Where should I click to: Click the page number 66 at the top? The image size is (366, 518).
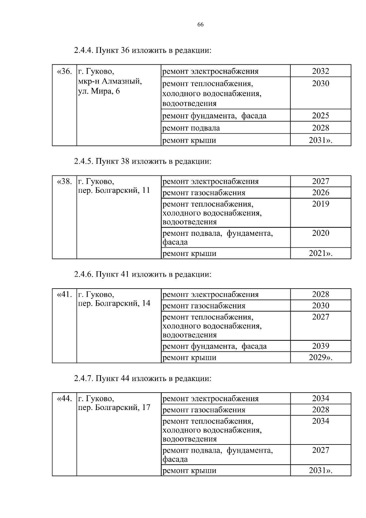tap(200, 25)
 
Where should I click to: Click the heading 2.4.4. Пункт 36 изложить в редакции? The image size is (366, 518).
tap(142, 50)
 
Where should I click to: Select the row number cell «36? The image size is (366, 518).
tap(64, 72)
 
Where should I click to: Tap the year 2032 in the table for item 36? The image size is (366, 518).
tap(321, 71)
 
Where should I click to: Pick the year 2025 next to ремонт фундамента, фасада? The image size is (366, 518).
tap(321, 115)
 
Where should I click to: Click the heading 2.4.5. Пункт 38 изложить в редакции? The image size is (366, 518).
tap(142, 161)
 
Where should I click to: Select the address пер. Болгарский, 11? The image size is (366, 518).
tap(114, 190)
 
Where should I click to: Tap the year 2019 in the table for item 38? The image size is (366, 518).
tap(321, 204)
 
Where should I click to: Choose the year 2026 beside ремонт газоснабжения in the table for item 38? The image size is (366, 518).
tap(321, 192)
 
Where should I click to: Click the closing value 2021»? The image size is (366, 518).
tap(321, 253)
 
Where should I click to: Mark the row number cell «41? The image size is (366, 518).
tap(64, 295)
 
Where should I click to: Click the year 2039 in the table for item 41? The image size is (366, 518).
tap(321, 346)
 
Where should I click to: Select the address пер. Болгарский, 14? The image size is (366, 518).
tap(114, 304)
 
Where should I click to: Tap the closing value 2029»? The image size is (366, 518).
tap(321, 357)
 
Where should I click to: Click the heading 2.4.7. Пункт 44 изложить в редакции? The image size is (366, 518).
tap(142, 379)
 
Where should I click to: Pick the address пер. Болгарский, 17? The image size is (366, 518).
tap(114, 408)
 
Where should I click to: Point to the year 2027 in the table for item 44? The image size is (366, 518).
tap(321, 450)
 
